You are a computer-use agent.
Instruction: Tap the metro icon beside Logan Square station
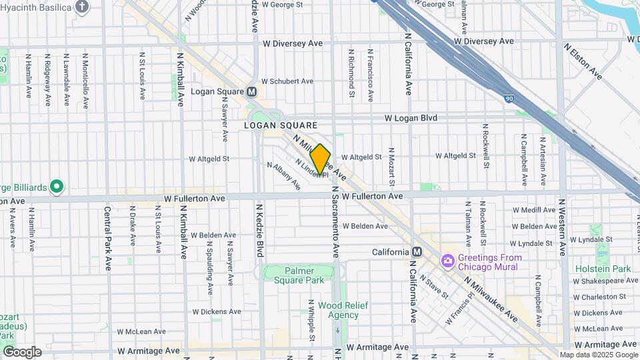click(x=251, y=91)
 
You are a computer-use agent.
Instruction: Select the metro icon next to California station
click(x=417, y=252)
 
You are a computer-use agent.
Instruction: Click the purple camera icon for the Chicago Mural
click(x=447, y=260)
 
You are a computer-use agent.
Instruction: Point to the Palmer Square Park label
click(x=299, y=275)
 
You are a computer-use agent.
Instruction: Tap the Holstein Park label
click(x=603, y=269)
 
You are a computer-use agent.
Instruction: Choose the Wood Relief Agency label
click(x=338, y=310)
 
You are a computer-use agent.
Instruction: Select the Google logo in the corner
click(x=22, y=351)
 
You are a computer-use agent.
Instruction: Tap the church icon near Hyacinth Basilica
click(x=82, y=7)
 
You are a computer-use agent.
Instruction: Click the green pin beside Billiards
click(x=57, y=186)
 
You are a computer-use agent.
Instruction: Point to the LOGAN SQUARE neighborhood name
click(x=280, y=125)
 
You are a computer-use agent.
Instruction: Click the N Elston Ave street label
click(x=583, y=62)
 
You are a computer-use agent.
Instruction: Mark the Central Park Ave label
click(x=107, y=238)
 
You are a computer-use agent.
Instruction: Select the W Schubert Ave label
click(x=287, y=81)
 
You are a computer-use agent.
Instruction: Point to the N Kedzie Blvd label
click(x=261, y=230)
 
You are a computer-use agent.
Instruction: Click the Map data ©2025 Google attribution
click(x=597, y=355)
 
